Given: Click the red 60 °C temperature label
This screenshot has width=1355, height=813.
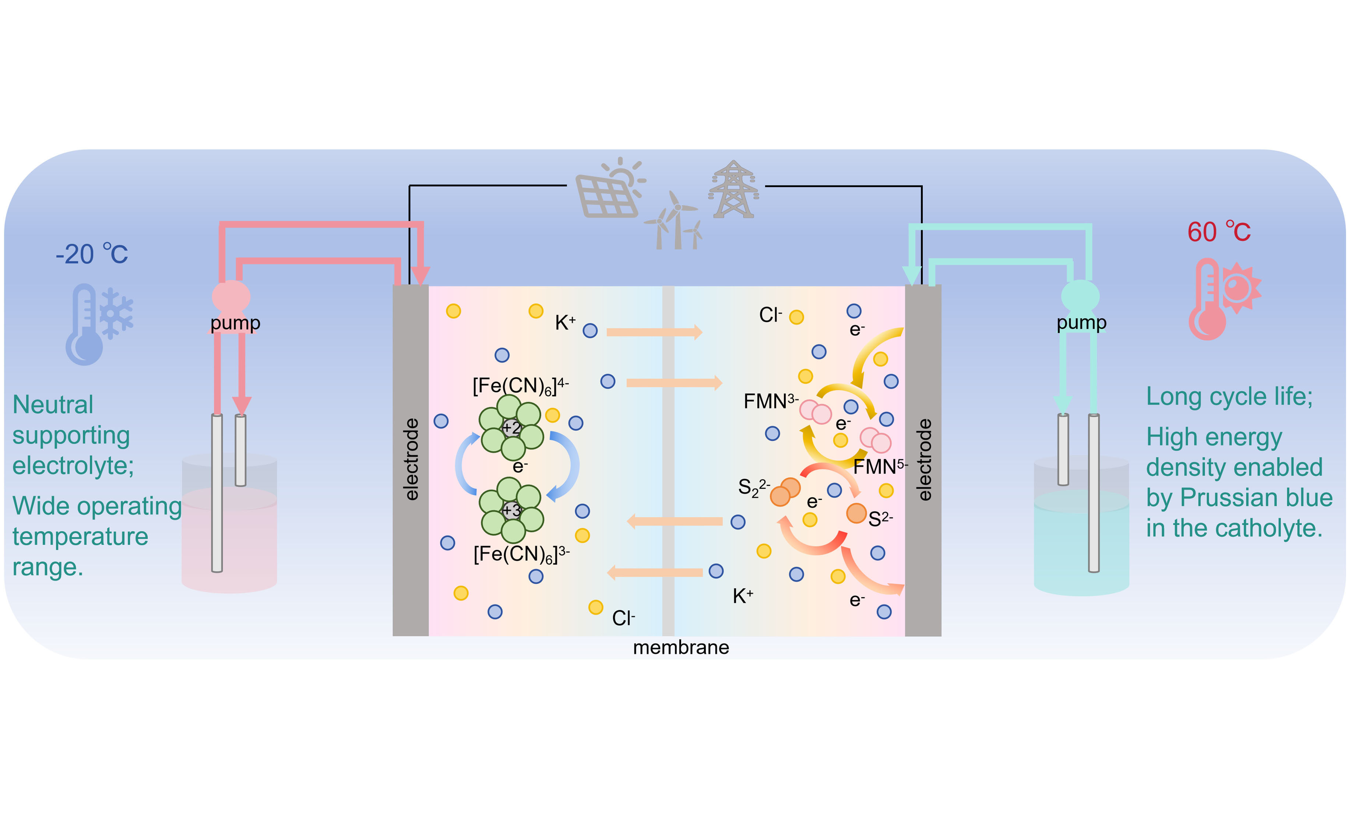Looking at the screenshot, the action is click(1219, 232).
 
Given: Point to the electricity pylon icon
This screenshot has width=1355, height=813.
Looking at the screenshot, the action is click(733, 189).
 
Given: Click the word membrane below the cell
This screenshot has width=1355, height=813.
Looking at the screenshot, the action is click(681, 648).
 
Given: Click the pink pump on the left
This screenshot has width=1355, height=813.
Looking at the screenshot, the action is click(231, 296).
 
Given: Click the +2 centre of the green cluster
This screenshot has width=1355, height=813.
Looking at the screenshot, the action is click(511, 427).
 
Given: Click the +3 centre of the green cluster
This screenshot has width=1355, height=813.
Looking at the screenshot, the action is click(511, 510).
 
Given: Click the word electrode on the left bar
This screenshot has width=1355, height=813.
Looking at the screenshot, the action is click(411, 460).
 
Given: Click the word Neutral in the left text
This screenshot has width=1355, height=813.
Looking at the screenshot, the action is click(53, 405).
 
